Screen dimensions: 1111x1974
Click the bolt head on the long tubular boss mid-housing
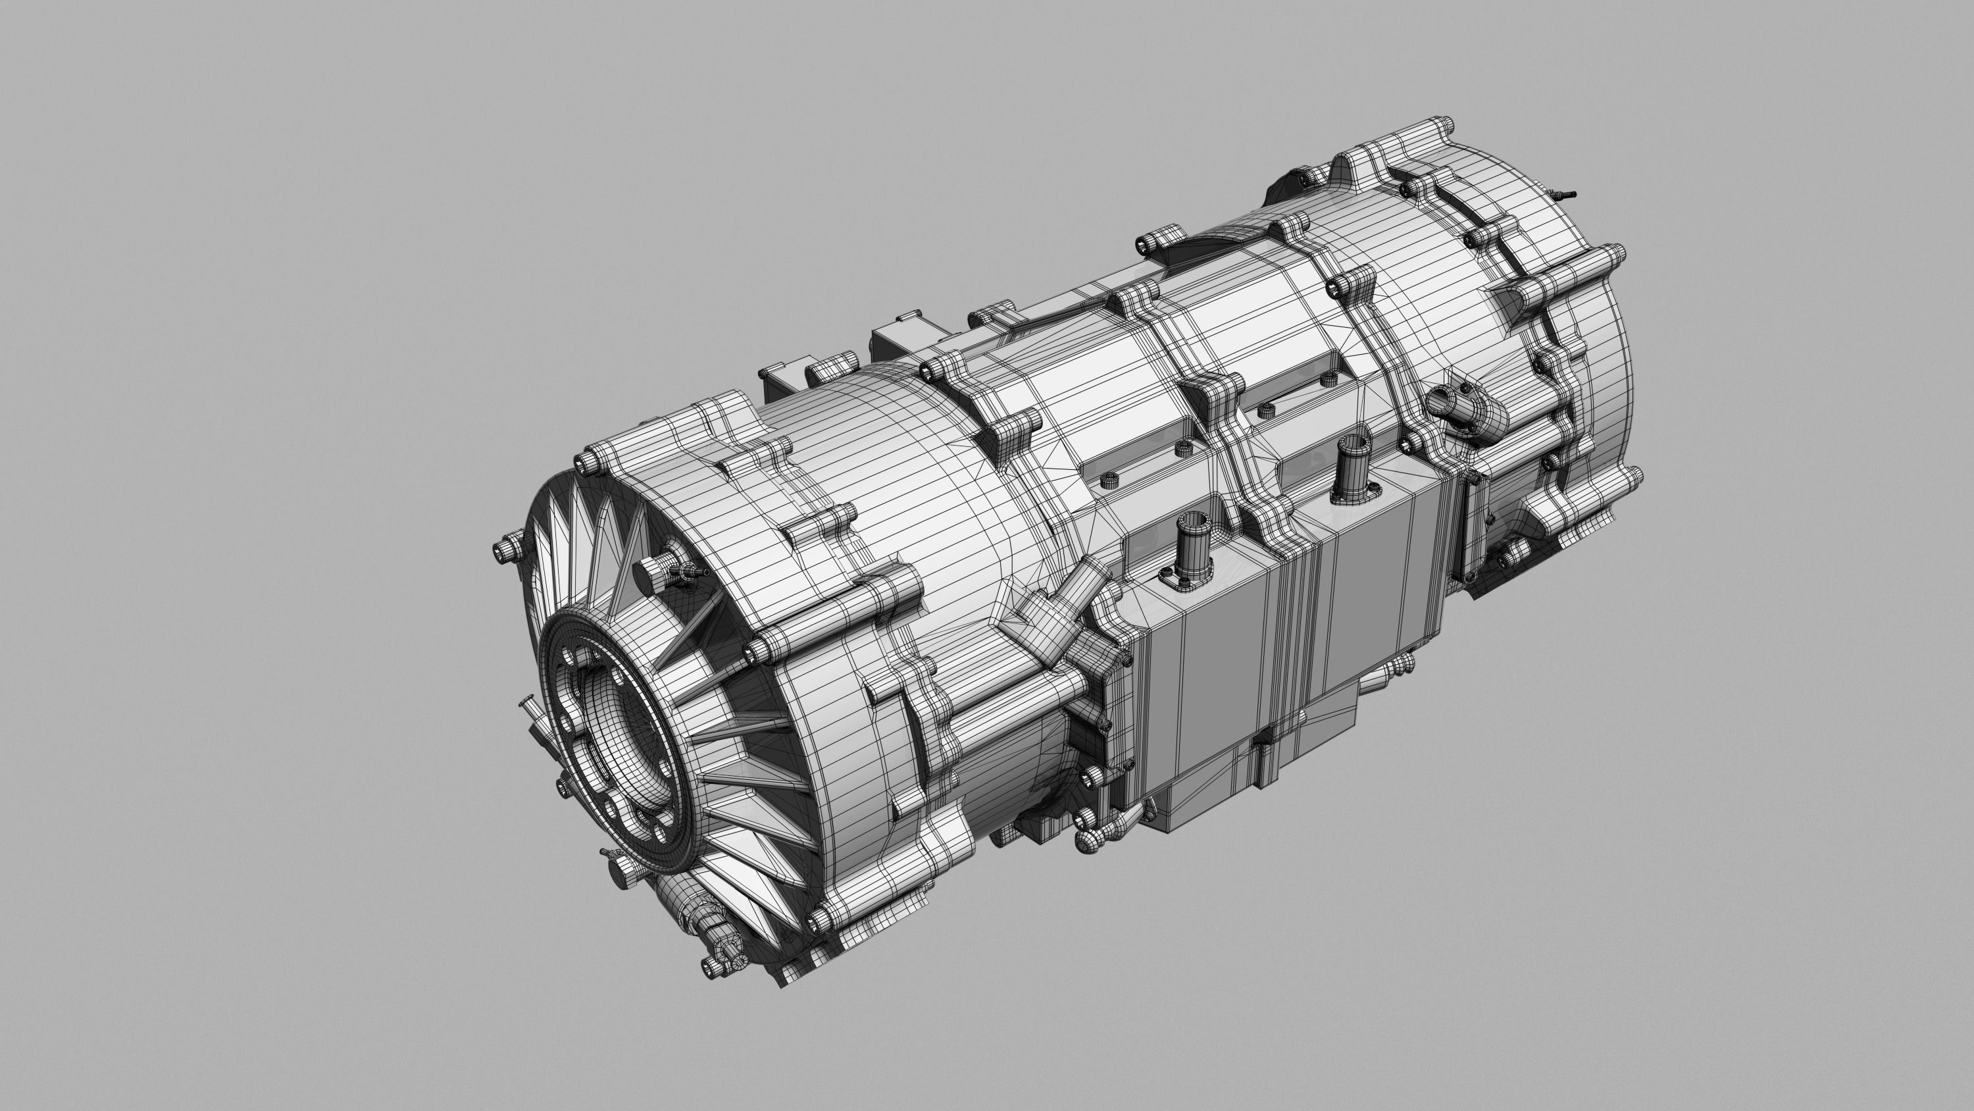point(758,651)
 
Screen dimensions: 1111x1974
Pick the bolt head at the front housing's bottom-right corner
point(821,916)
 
